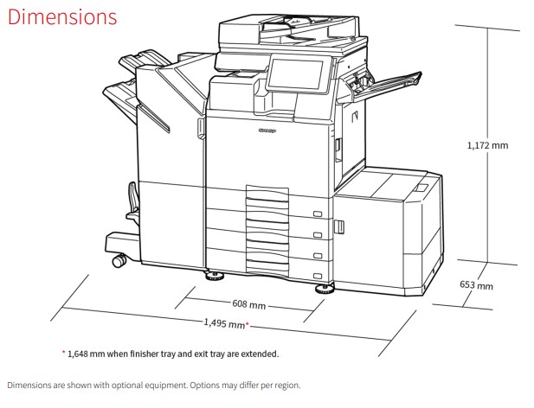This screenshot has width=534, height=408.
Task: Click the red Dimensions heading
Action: (62, 17)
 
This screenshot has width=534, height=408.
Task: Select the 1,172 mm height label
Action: (487, 145)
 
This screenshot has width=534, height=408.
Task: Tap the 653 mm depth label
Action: (476, 285)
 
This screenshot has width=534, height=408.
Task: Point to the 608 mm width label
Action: (249, 304)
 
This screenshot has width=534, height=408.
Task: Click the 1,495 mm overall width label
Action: (224, 323)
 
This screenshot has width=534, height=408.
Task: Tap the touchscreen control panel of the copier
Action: (295, 75)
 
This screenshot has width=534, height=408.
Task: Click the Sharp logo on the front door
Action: (267, 131)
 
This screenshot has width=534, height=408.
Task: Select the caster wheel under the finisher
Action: (119, 260)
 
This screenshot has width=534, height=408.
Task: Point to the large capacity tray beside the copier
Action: (389, 231)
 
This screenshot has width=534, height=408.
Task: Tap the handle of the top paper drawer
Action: (318, 214)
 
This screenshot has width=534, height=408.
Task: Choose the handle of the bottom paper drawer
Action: (318, 276)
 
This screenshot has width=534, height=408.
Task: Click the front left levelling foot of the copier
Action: (215, 276)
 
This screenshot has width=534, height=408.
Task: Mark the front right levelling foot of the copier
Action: (324, 290)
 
